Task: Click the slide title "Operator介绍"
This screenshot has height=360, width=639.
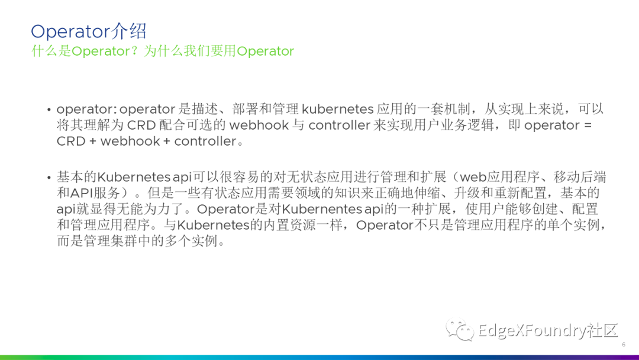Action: tap(89, 31)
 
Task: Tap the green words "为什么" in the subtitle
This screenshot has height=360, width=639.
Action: tap(162, 51)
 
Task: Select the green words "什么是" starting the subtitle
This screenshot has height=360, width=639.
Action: tap(51, 51)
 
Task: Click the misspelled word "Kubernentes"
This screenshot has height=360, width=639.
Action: tap(320, 210)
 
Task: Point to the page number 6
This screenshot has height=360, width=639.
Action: tap(624, 345)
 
